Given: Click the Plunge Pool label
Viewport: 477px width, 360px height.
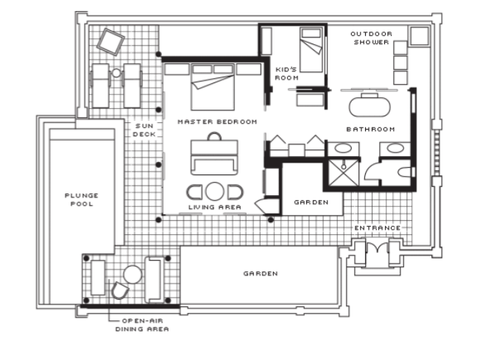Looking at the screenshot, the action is (82, 200).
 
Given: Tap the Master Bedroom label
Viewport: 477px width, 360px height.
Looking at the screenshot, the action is (217, 121).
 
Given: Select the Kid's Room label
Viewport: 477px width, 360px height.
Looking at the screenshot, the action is (286, 74).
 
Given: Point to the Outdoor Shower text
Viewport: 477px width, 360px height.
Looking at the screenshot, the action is (371, 38).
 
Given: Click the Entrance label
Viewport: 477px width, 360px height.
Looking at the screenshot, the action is (377, 228).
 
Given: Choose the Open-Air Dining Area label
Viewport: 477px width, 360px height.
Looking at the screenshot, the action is (142, 325).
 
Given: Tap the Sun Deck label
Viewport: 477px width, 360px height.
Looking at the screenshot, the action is (144, 130).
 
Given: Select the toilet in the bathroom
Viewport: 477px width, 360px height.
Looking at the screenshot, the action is (404, 172).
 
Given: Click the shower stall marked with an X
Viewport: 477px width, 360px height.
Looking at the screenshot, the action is (344, 172).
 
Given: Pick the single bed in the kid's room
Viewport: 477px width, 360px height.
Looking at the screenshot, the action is (311, 49).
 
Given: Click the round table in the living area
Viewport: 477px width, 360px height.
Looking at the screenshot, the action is (214, 191).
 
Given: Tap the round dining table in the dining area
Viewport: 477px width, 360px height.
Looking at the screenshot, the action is (132, 275).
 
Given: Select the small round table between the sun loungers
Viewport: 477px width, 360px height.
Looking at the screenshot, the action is (116, 73).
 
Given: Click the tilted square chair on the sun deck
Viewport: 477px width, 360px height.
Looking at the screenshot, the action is (110, 42).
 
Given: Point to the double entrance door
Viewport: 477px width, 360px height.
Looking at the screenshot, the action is (378, 247).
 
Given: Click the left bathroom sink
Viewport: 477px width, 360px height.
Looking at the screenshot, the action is (343, 149).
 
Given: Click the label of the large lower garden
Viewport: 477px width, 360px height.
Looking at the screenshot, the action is (261, 274).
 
